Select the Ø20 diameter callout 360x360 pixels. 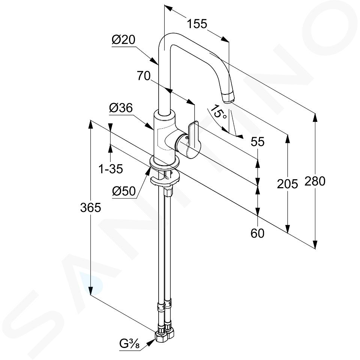click(123, 40)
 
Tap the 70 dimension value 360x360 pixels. click(144, 76)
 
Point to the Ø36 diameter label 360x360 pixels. click(121, 108)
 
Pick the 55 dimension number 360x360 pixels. click(257, 142)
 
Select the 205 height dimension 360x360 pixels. click(288, 184)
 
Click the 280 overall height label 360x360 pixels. click(315, 181)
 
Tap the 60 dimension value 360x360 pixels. click(257, 234)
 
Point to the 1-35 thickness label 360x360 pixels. click(111, 169)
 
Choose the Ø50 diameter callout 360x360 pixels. click(124, 191)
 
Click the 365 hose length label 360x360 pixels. click(90, 208)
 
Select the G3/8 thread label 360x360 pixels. click(129, 344)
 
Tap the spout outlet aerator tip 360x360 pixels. click(229, 97)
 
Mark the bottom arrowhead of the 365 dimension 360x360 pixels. click(91, 290)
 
